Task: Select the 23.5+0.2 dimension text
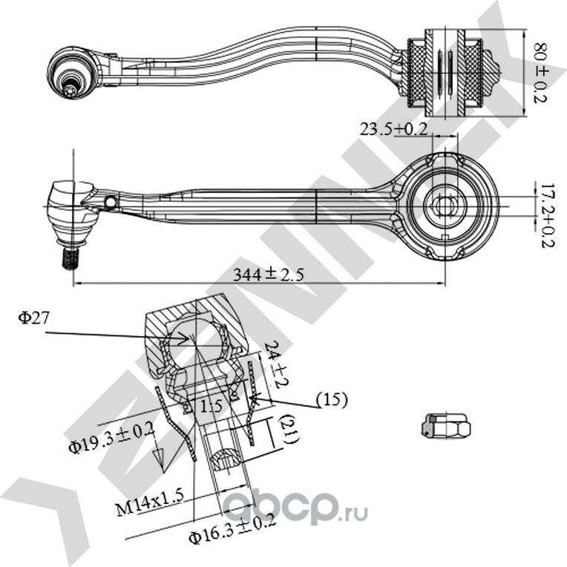tap(393, 128)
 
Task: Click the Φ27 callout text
tap(35, 318)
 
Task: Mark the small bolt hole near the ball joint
tap(111, 203)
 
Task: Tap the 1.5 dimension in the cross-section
tap(212, 407)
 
